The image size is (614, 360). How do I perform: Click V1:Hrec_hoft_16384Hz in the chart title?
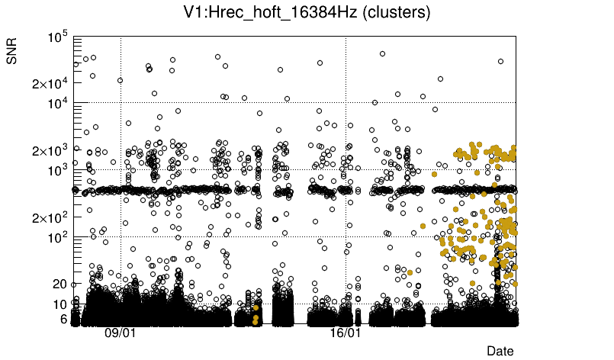[x=268, y=13]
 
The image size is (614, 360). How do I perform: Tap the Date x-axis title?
[x=500, y=351]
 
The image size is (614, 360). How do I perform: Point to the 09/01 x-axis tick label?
[x=121, y=333]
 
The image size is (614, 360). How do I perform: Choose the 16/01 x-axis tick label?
[x=346, y=333]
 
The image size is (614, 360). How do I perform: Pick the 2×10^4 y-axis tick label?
[x=50, y=83]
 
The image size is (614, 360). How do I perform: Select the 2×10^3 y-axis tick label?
[x=50, y=150]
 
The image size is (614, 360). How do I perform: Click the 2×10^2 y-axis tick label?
[x=50, y=217]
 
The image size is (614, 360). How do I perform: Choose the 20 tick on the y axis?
[x=60, y=284]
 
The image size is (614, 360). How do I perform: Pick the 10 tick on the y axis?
[x=60, y=304]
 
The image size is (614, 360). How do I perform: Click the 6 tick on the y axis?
[x=63, y=319]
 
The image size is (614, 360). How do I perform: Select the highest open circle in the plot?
[x=382, y=53]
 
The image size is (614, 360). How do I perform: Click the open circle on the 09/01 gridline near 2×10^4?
[x=121, y=80]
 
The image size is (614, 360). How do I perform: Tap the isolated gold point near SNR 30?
[x=410, y=272]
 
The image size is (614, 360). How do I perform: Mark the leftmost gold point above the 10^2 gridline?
[x=423, y=226]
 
